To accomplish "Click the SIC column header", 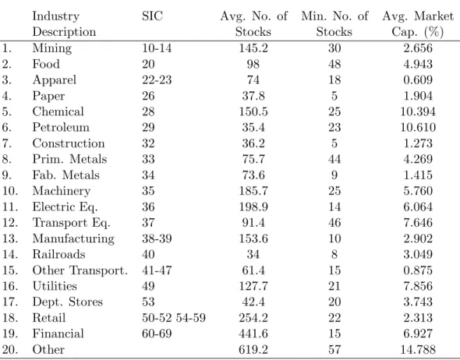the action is click(x=152, y=16).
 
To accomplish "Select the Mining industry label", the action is click(x=52, y=48).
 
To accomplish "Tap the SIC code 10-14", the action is click(x=157, y=48).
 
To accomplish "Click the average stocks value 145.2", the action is click(x=253, y=48).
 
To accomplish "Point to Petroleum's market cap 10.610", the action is click(x=418, y=127).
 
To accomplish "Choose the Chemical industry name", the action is click(x=58, y=111).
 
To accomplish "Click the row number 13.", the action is click(x=10, y=238).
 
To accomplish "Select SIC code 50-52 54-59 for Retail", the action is click(x=174, y=317).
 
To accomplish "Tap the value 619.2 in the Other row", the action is click(x=253, y=349).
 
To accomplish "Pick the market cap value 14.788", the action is click(x=418, y=349).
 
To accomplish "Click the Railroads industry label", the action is click(x=58, y=254).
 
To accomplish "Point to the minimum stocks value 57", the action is click(x=334, y=349).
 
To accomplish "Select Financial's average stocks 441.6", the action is click(x=253, y=334).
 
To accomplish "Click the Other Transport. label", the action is click(x=80, y=270).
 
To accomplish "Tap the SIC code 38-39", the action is click(x=157, y=238).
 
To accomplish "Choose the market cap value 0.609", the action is click(x=418, y=79).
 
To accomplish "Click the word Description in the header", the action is click(x=64, y=32).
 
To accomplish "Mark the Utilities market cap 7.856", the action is click(x=418, y=286).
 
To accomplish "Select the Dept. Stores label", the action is click(x=68, y=302).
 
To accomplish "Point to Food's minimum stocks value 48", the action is click(x=334, y=64).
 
